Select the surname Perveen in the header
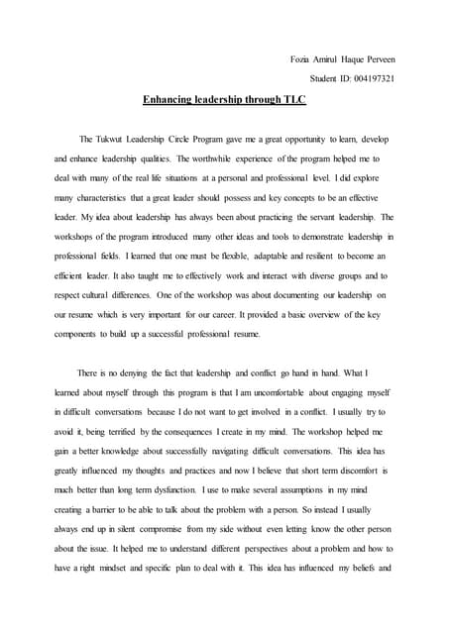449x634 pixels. (x=378, y=60)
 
